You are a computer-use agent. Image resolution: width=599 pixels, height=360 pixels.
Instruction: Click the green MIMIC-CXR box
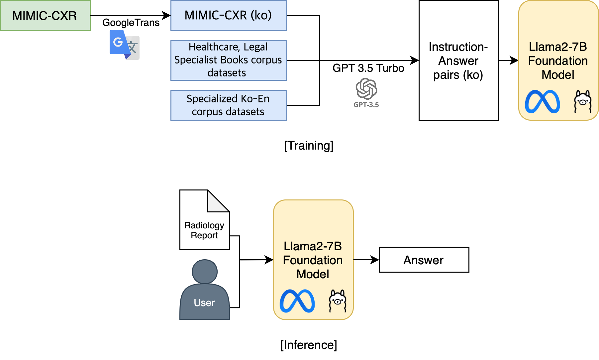pos(45,16)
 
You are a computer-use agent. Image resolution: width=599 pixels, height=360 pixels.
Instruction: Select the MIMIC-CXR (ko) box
pos(229,16)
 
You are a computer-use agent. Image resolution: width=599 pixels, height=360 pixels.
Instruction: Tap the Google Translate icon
pos(125,45)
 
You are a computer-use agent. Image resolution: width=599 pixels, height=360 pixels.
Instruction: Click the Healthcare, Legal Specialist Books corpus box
pos(229,60)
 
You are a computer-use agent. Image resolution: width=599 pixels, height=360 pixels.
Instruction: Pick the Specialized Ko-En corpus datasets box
pos(229,105)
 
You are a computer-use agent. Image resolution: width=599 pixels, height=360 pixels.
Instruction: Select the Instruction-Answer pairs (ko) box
pos(459,60)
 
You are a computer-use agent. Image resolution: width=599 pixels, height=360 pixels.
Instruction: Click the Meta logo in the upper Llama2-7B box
pos(542,102)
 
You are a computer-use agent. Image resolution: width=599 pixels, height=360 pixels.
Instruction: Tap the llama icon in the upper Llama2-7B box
pos(583,101)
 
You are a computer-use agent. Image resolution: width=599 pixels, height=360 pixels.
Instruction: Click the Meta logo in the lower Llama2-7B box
pos(297,301)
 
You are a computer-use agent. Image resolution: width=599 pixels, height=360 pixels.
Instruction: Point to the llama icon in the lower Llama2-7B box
pos(338,301)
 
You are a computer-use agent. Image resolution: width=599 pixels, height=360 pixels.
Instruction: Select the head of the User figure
pos(205,272)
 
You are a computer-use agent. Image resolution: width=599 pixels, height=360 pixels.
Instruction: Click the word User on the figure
pos(204,303)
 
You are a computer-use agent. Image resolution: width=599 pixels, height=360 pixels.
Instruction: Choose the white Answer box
pos(424,260)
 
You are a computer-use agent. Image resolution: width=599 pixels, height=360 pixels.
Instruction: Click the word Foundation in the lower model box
pos(313,260)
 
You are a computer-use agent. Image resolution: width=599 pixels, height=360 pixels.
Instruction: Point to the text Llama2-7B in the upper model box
pos(558,47)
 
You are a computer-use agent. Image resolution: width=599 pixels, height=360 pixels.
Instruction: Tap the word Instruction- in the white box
pos(458,47)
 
